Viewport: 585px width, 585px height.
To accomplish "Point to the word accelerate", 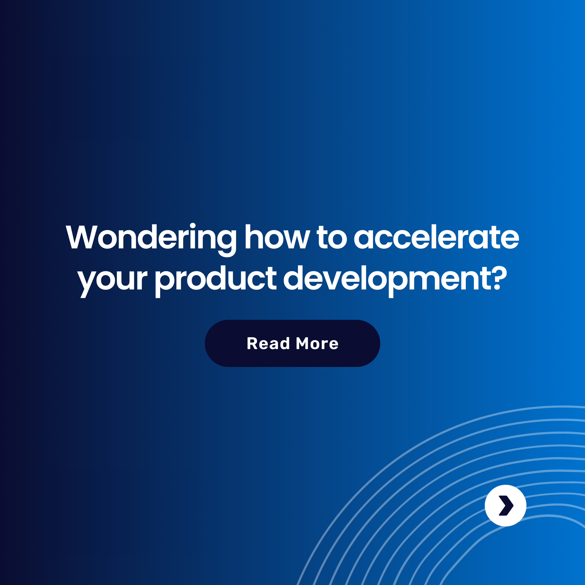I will pos(436,237).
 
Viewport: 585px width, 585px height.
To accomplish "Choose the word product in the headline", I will pos(215,279).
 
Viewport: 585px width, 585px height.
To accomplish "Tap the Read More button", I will pos(292,343).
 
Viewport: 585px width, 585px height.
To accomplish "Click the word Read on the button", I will pos(268,343).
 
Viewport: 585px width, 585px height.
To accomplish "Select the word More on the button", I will pos(317,343).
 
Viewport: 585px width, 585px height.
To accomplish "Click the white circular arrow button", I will pos(506,506).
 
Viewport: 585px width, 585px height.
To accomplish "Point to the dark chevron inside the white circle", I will pos(506,506).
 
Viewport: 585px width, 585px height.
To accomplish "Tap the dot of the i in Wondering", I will pos(193,226).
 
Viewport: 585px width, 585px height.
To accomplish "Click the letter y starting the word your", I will pos(87,283).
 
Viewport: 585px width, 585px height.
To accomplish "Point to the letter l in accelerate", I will pos(433,236).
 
